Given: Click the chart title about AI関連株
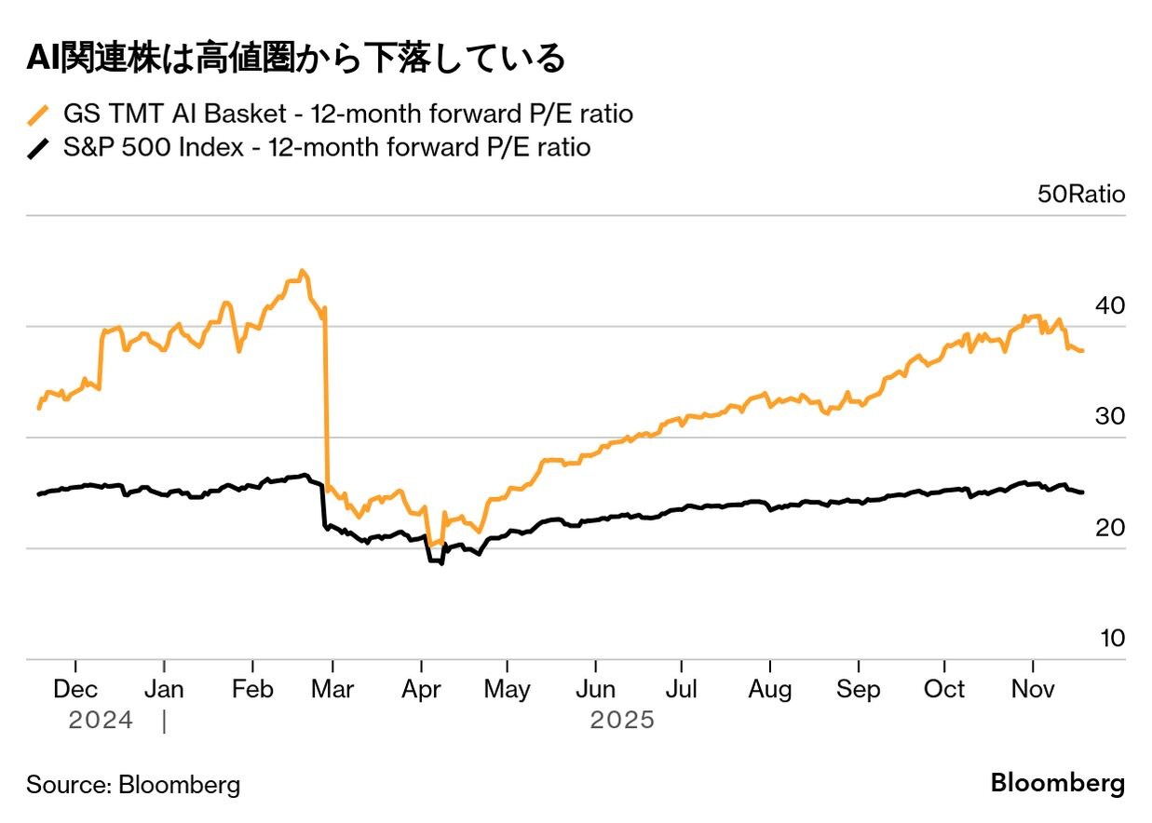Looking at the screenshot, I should coord(295,59).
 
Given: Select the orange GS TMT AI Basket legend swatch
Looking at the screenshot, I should coord(38,115).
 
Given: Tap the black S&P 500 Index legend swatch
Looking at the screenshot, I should coord(38,148).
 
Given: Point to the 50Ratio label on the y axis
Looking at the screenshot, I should coord(1080,195).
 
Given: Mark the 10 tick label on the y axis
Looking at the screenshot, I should coord(1111,638).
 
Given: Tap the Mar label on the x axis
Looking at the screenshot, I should coord(332,690).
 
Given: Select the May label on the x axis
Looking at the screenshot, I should coord(507,690).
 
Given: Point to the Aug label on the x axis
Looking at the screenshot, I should coord(770,690).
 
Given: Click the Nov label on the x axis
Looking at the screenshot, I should coord(1032,690).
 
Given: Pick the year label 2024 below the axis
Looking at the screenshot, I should coord(101,721).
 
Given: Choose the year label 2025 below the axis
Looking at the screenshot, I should coord(622,721).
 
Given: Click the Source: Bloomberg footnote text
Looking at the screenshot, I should coord(133,784).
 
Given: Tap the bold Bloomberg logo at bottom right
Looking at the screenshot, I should coord(1057,783).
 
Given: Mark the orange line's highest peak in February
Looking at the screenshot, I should coord(301,271).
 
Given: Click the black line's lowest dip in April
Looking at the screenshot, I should coord(440,564).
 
